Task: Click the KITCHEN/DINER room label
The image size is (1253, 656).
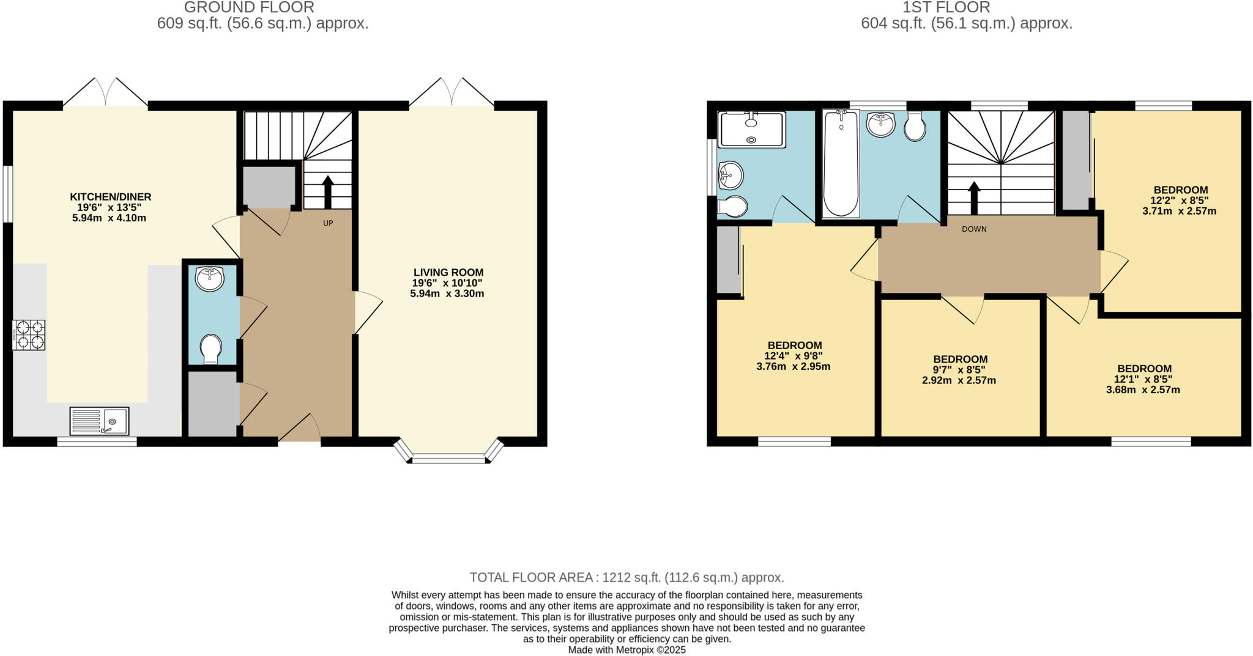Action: [x=110, y=197]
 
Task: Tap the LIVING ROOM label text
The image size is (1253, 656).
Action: [x=448, y=273]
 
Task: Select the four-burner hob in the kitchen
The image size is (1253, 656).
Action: [x=29, y=335]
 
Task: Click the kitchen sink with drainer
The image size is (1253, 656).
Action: [x=99, y=421]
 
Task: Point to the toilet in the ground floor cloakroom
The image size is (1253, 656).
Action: [x=211, y=348]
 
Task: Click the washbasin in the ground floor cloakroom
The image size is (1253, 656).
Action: [x=210, y=279]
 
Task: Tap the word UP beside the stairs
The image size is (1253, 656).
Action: [x=328, y=223]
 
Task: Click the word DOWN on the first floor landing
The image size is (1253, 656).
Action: [x=974, y=229]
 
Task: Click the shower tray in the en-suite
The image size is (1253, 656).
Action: [x=752, y=129]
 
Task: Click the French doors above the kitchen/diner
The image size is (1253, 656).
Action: [x=106, y=93]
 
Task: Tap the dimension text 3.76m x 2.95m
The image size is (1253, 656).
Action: [x=793, y=367]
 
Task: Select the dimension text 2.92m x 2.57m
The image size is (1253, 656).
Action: [x=959, y=380]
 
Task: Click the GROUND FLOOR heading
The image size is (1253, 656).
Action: [x=249, y=7]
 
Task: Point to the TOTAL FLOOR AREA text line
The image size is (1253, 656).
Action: [x=626, y=577]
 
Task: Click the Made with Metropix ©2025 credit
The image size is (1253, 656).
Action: [x=626, y=650]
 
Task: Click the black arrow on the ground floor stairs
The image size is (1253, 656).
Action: [x=327, y=191]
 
